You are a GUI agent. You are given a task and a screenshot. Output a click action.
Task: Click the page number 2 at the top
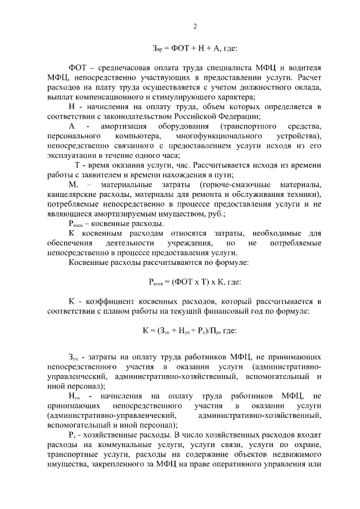pyautogui.click(x=195, y=26)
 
